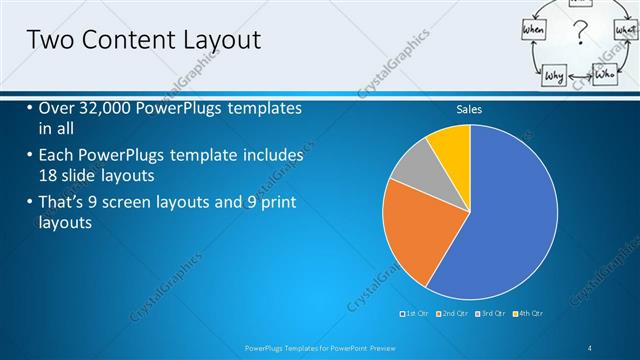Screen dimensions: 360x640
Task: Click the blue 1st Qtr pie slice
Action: (x=500, y=220)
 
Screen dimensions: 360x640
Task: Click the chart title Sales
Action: (x=469, y=109)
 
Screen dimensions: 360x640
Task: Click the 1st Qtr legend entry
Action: (x=416, y=314)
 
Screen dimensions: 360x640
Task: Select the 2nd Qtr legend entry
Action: (x=456, y=314)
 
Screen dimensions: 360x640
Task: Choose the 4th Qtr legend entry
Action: (x=531, y=314)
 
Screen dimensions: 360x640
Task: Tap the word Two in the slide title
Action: (x=48, y=40)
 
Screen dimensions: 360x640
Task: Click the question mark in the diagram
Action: (x=577, y=38)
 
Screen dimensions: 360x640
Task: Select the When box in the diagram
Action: (x=533, y=32)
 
